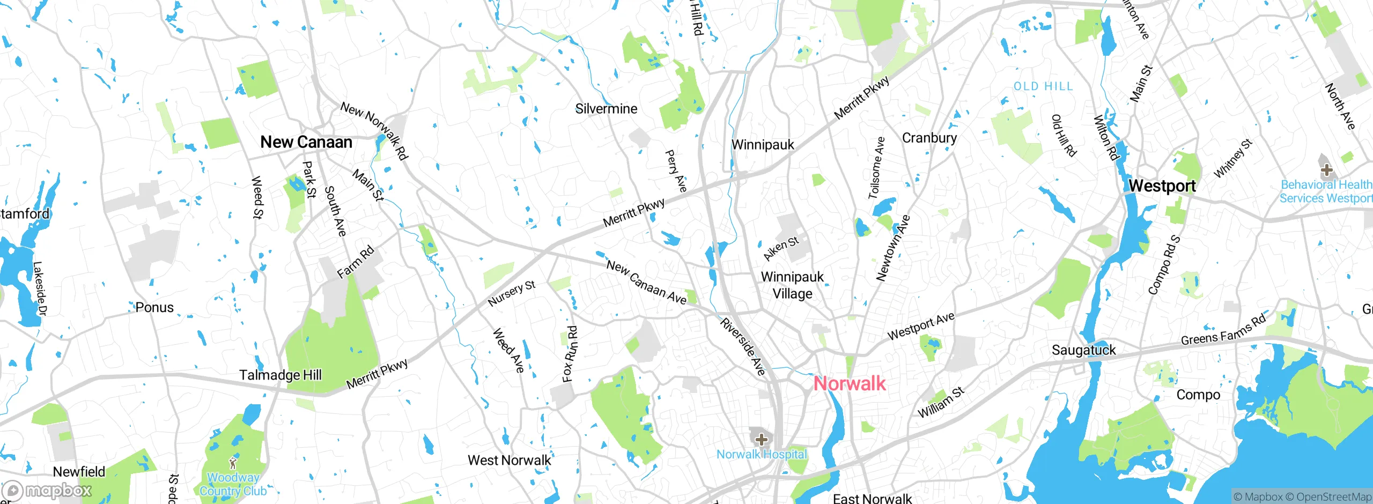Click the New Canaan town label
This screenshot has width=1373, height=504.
[306, 142]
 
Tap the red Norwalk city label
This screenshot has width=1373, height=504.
[850, 383]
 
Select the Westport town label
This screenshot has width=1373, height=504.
[1162, 186]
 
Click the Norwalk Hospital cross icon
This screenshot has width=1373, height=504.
[761, 440]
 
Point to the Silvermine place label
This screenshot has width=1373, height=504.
[606, 109]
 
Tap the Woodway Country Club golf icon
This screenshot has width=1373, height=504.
[233, 463]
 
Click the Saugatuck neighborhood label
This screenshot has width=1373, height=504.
[1083, 350]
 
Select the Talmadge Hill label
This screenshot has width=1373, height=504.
[280, 375]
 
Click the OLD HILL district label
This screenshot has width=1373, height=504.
[1043, 86]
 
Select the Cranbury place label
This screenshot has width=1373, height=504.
[929, 138]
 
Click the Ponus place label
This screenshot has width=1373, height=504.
[154, 307]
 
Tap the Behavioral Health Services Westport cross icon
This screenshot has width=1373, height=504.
[1327, 171]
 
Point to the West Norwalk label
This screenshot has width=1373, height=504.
[509, 460]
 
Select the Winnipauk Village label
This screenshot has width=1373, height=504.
[792, 285]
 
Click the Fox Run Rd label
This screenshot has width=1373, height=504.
[570, 354]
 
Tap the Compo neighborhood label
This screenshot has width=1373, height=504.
[1198, 395]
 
